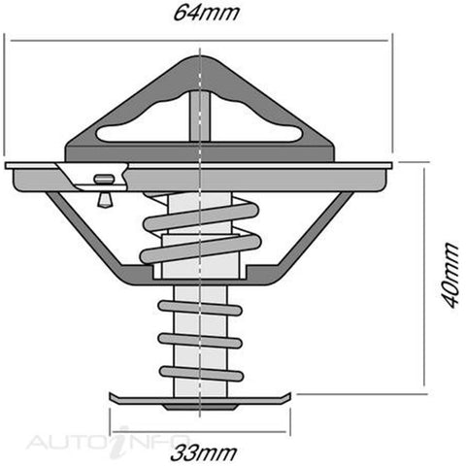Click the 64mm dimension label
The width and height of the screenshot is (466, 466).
pyautogui.click(x=206, y=13)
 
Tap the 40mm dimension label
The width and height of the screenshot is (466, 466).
pyautogui.click(x=450, y=275)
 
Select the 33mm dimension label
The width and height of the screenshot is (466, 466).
pyautogui.click(x=204, y=452)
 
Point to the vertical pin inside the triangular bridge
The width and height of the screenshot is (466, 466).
pyautogui.click(x=200, y=116)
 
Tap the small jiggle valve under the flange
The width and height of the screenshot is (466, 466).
pyautogui.click(x=104, y=191)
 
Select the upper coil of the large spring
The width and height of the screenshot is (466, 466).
pyautogui.click(x=201, y=216)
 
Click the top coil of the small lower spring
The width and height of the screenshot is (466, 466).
pyautogui.click(x=200, y=308)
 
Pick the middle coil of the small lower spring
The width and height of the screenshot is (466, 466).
pyautogui.click(x=200, y=341)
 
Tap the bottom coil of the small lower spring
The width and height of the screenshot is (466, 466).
pyautogui.click(x=201, y=374)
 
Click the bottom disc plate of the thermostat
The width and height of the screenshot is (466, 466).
pyautogui.click(x=200, y=399)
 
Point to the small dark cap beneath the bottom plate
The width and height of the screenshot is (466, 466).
pyautogui.click(x=200, y=407)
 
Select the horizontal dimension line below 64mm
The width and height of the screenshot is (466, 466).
pyautogui.click(x=199, y=41)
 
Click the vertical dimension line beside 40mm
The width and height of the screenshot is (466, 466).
pyautogui.click(x=424, y=277)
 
